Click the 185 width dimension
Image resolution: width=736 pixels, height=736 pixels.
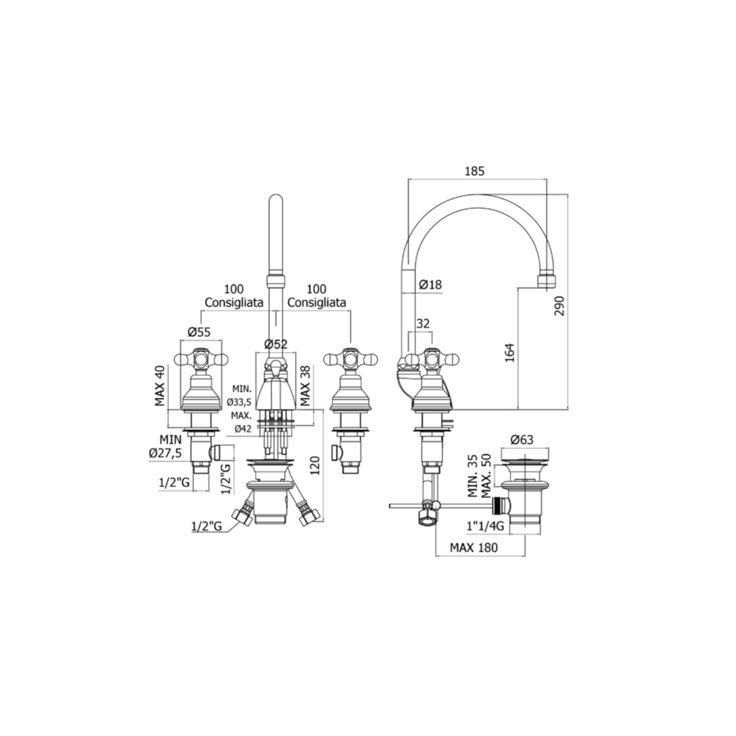coord(474,171)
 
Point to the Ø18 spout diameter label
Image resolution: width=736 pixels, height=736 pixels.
coord(430,284)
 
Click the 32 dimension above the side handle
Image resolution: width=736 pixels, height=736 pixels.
coord(422,323)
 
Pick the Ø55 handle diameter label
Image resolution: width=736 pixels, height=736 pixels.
coord(199,332)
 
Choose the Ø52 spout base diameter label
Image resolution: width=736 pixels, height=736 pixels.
coord(276,344)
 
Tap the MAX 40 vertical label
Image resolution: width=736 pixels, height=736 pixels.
coord(160,386)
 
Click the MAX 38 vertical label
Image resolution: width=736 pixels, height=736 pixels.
coord(305,386)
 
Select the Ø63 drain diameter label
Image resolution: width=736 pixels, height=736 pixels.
coord(522,440)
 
